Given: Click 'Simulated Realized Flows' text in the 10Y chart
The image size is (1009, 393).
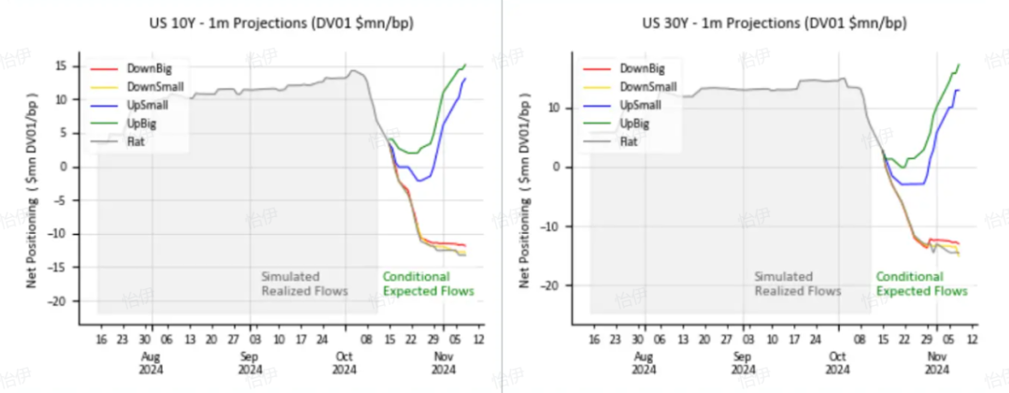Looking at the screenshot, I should [x=305, y=284].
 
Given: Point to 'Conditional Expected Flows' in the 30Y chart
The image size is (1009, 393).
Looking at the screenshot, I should [x=921, y=284].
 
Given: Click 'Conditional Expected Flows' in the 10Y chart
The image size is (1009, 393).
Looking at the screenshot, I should [x=428, y=284].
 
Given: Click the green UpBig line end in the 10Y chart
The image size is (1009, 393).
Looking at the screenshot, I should [x=465, y=65].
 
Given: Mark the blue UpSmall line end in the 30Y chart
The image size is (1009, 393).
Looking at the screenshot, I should [x=959, y=90].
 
